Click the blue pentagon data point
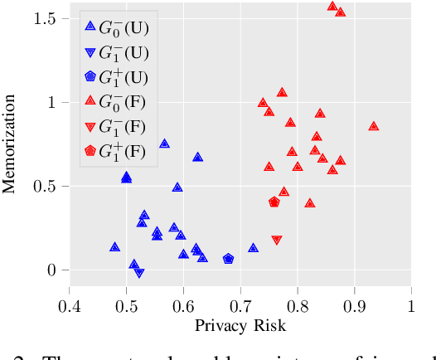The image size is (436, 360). tap(229, 259)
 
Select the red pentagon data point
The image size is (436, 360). tap(274, 202)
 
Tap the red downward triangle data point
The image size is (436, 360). tap(277, 241)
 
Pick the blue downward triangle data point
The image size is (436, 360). tap(139, 273)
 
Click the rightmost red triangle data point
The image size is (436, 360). tap(374, 126)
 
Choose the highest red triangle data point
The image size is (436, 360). tap(332, 6)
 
